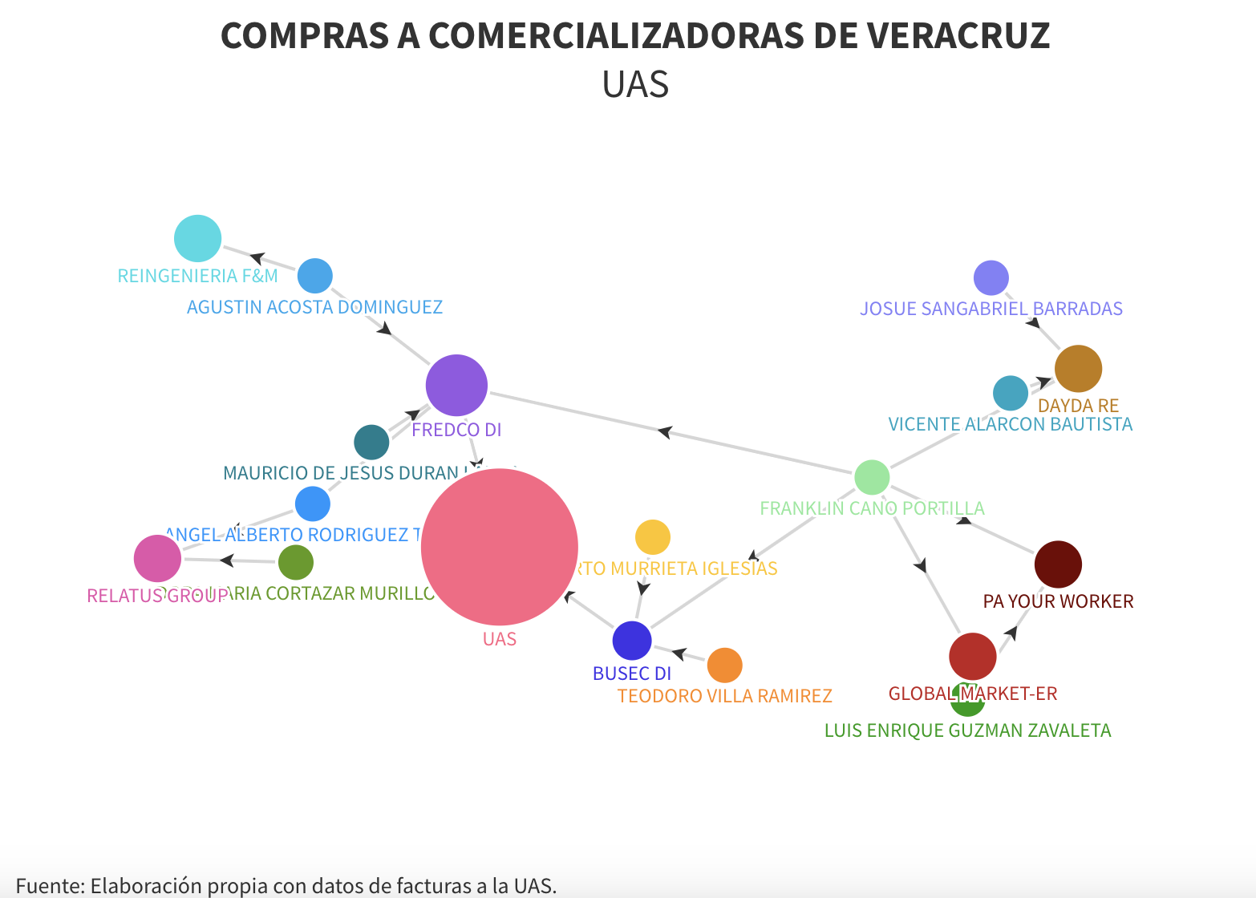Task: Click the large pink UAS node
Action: coord(499,547)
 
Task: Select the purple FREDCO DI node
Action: coord(456,385)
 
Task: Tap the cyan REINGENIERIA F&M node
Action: coord(197,238)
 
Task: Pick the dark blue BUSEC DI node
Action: coord(632,641)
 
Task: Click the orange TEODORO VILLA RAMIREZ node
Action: coord(724,665)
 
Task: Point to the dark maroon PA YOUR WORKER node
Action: coord(1058,564)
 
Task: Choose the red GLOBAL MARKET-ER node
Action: coord(972,656)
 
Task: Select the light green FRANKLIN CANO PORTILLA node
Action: coord(872,478)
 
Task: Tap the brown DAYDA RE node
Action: coord(1078,369)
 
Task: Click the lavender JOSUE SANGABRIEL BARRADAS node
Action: coord(991,278)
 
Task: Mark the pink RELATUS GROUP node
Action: coord(157,558)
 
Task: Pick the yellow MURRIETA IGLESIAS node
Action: coord(652,537)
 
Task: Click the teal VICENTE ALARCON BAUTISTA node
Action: coord(1010,393)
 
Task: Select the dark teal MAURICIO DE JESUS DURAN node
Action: coord(371,442)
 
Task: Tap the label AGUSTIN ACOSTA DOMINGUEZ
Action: coord(314,307)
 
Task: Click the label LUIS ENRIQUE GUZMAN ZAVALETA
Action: coord(967,730)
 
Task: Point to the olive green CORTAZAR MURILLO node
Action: coord(295,562)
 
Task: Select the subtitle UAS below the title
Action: coord(635,84)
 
